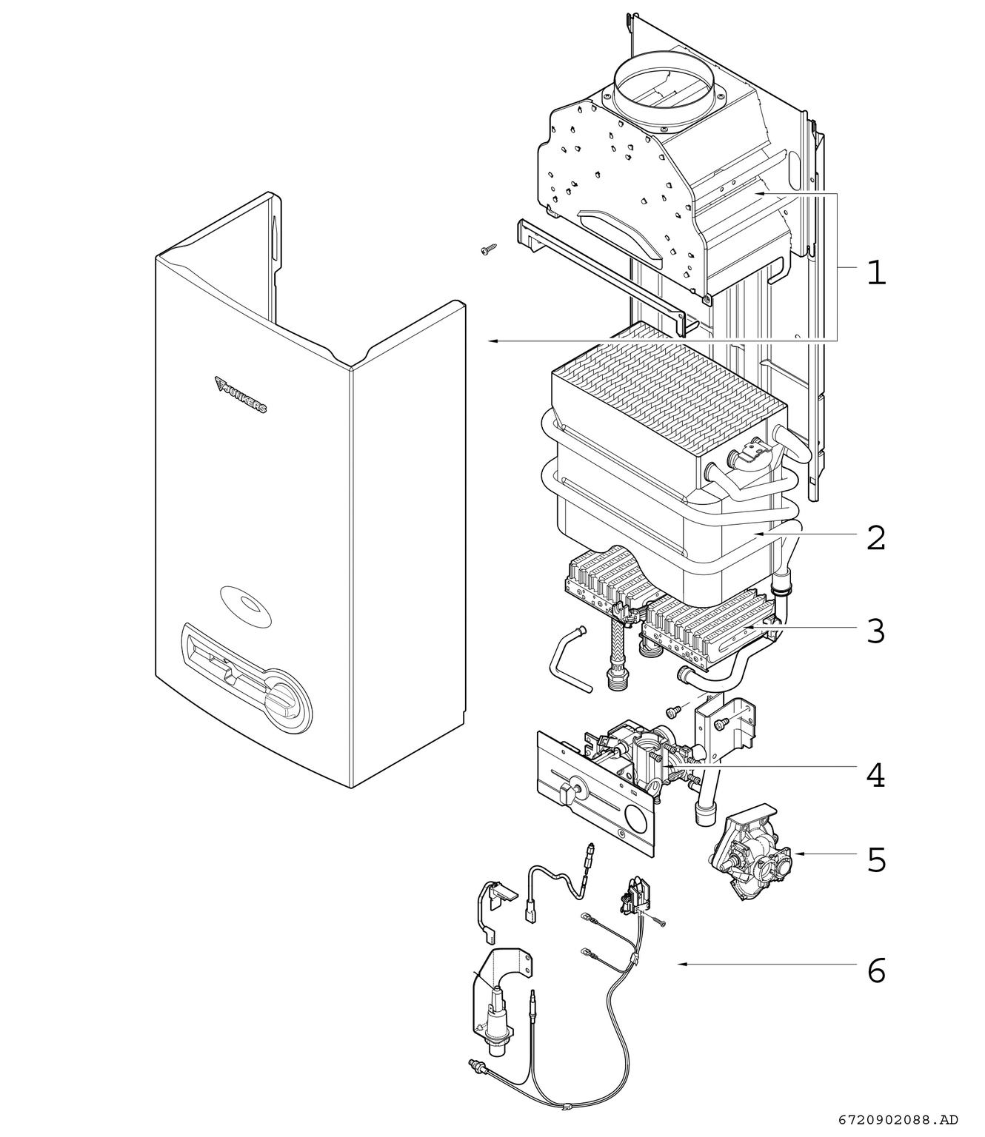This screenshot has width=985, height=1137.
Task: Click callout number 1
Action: coord(877,272)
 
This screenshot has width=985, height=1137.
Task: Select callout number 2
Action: coord(876,537)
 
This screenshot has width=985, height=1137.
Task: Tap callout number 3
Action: coord(876,631)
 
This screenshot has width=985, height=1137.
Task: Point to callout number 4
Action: coord(876,776)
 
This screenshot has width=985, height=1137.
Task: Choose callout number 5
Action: coord(877,859)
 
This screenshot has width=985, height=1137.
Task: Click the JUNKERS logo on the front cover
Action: coord(241,395)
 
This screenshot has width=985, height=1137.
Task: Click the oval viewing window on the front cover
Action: coord(245,606)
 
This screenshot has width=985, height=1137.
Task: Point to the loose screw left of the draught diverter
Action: coord(487,249)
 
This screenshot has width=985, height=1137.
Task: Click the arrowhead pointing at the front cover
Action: coord(493,341)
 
